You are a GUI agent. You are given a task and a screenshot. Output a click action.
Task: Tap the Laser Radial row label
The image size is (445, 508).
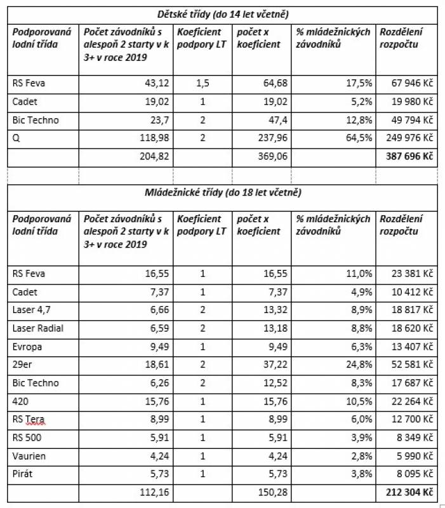[x=38, y=328]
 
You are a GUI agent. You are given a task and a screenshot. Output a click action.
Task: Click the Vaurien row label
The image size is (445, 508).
[x=29, y=456]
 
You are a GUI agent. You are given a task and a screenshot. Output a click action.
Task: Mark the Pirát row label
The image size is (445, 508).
[x=24, y=474]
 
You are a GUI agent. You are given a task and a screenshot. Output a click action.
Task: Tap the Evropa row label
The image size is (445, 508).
[x=27, y=347]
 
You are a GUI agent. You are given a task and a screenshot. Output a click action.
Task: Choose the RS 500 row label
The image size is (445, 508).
[x=27, y=438]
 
